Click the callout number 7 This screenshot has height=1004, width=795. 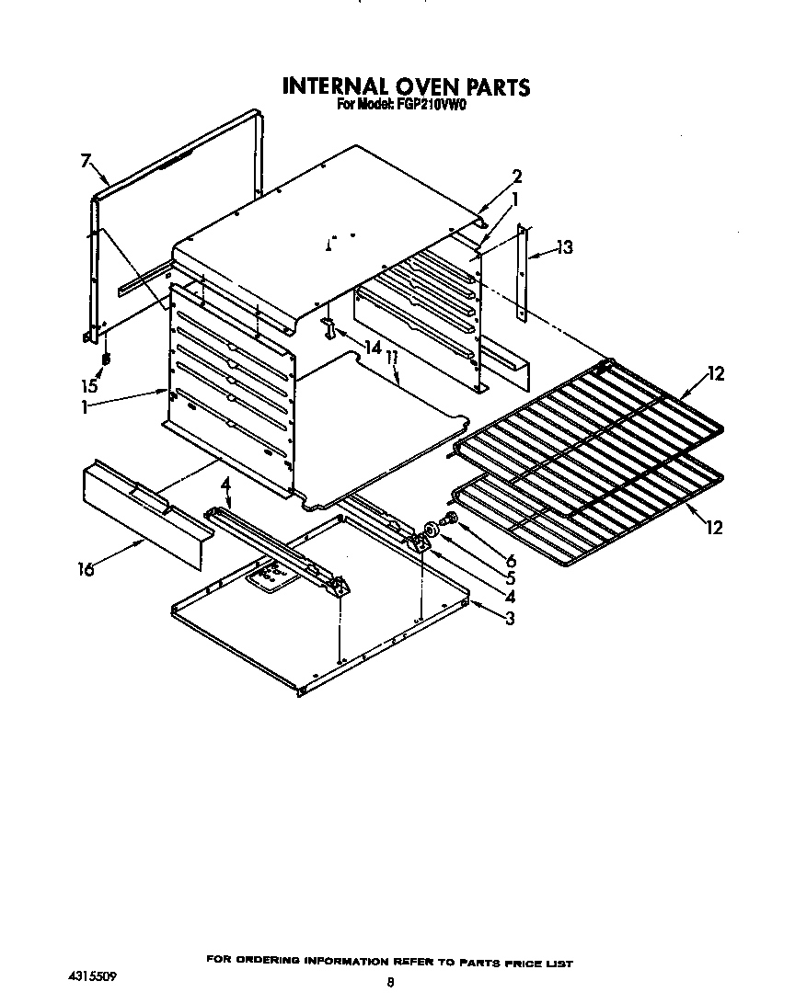[85, 162]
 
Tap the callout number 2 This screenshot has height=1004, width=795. [517, 177]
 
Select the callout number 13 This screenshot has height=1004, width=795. [564, 246]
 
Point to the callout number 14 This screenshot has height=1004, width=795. [372, 348]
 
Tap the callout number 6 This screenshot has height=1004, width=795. [511, 560]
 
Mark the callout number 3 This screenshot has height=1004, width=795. [509, 618]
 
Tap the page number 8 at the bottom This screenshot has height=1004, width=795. [391, 983]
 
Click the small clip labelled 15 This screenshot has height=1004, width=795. [106, 358]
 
